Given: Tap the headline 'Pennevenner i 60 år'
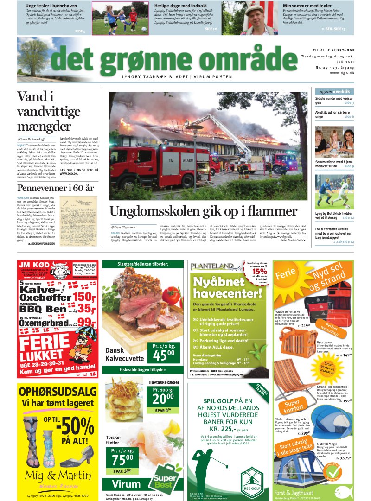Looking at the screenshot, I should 55,188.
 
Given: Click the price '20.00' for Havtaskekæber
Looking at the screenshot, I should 164,399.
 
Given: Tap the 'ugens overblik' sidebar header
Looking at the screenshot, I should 334,92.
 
